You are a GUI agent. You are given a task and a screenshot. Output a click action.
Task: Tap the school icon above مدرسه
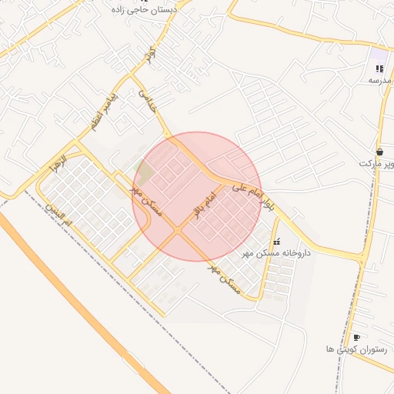tap(379, 68)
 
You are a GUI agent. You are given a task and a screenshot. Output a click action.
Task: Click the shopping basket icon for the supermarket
tap(380, 152)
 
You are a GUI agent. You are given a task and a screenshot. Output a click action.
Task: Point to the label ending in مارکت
tap(376, 163)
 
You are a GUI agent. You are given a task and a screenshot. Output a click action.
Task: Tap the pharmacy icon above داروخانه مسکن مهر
tap(276, 242)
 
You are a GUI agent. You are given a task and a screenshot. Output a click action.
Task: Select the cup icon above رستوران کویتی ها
tap(356, 337)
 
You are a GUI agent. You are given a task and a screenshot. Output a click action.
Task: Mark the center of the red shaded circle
tap(197, 197)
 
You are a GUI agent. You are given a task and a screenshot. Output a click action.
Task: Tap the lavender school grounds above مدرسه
tap(378, 55)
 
